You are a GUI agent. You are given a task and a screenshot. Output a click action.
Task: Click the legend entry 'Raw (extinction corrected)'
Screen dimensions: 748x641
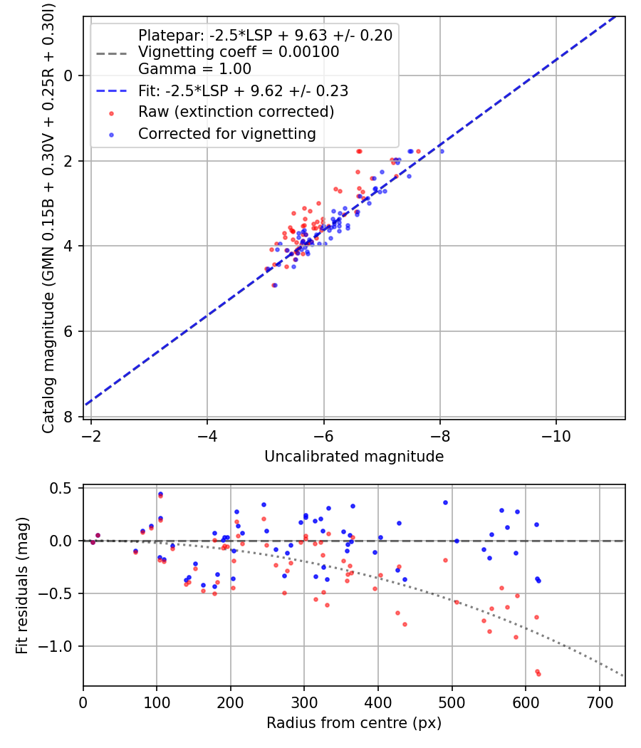(x=236, y=113)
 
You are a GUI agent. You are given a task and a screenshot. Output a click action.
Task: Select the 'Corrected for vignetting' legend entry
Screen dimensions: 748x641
(x=226, y=134)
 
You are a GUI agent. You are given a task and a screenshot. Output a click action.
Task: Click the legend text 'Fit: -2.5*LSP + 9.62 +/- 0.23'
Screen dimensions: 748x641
(x=243, y=91)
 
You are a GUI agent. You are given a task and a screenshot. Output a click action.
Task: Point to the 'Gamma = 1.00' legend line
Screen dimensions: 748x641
(x=194, y=69)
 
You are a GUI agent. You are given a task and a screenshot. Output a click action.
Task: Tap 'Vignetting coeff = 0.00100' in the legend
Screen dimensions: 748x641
(x=239, y=52)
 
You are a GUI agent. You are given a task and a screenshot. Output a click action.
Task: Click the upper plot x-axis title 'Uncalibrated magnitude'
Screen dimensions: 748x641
(x=354, y=457)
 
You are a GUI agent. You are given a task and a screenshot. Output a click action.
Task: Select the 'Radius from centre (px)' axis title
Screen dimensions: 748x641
(x=354, y=723)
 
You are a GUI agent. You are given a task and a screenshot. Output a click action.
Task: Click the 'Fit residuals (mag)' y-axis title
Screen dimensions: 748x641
(x=22, y=586)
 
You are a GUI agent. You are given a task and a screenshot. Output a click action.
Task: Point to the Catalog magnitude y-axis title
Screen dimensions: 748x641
(x=48, y=217)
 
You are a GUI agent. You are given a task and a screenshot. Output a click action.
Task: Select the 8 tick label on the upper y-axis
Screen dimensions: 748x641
(x=68, y=417)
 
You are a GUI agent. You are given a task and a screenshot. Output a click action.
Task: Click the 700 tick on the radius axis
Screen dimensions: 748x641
(x=599, y=702)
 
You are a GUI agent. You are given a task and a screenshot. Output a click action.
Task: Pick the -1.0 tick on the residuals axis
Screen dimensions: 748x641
(x=60, y=646)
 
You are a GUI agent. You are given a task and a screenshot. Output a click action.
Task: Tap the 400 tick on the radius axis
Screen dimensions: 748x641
(x=378, y=702)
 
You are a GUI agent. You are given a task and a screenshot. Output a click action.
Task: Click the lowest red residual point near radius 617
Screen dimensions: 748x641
(x=538, y=674)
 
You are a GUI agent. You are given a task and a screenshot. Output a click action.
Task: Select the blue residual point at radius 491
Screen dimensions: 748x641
(x=446, y=502)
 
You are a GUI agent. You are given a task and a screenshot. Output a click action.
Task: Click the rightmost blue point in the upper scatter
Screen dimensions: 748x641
(x=442, y=151)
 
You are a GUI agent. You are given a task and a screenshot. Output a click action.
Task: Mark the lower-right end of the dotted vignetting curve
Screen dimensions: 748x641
(x=623, y=675)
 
